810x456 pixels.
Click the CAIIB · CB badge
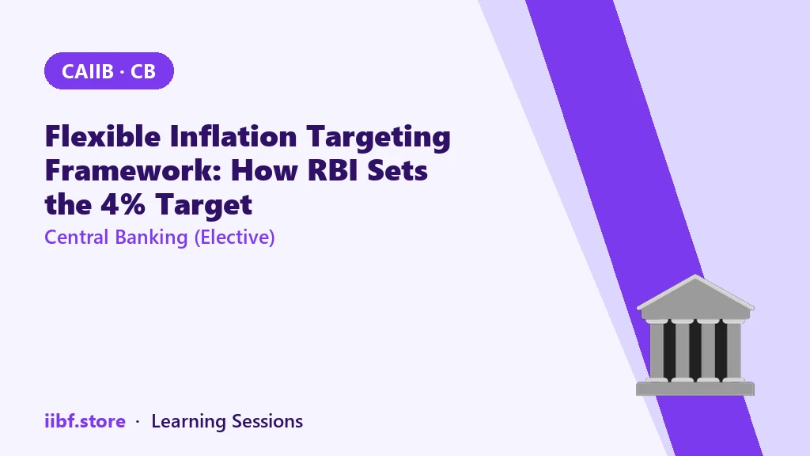(109, 70)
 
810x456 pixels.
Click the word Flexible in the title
(103, 136)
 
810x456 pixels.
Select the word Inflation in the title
(233, 136)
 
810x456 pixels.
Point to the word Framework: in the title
(133, 170)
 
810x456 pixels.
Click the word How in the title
(264, 170)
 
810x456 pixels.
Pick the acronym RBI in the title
(333, 170)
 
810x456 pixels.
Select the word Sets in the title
(397, 170)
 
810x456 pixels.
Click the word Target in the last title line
(203, 206)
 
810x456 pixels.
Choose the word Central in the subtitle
(77, 237)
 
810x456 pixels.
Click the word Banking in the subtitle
(151, 237)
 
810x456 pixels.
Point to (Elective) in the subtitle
(234, 237)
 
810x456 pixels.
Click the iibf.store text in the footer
(85, 421)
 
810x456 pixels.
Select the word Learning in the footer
(188, 422)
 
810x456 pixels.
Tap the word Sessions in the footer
(267, 421)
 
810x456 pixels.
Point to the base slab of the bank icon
(695, 388)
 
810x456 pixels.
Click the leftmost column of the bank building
(657, 351)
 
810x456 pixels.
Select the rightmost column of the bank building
(734, 351)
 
